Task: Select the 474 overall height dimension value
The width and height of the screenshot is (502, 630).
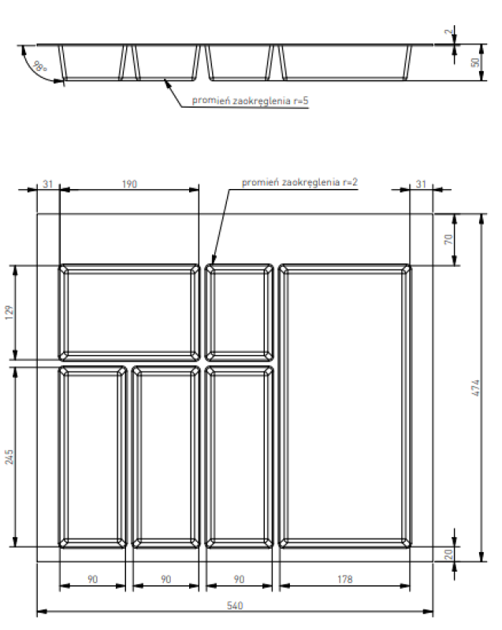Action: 474,387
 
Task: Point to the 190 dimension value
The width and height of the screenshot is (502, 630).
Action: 130,184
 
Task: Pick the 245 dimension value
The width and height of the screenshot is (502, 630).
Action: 10,454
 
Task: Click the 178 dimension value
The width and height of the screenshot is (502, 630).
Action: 344,579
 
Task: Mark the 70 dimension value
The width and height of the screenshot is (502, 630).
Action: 448,239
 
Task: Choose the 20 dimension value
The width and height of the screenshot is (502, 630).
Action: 449,554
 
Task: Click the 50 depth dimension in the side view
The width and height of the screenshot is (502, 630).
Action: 475,62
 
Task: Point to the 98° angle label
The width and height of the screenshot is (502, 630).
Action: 40,68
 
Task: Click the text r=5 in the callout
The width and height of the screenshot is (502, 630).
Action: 293,101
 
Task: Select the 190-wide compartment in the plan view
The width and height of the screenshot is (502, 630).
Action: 130,312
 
